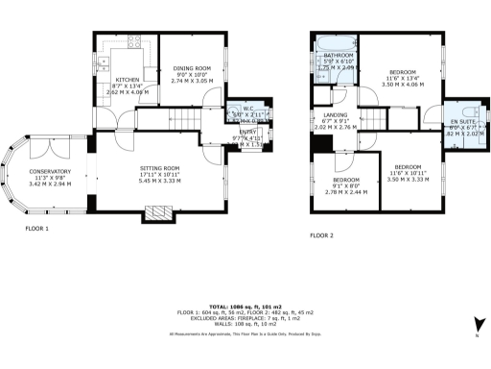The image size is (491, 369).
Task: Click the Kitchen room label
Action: [x=129, y=85]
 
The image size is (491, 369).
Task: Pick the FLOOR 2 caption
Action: [x=322, y=235]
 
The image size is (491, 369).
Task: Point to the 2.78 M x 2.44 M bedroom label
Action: [x=346, y=185]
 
